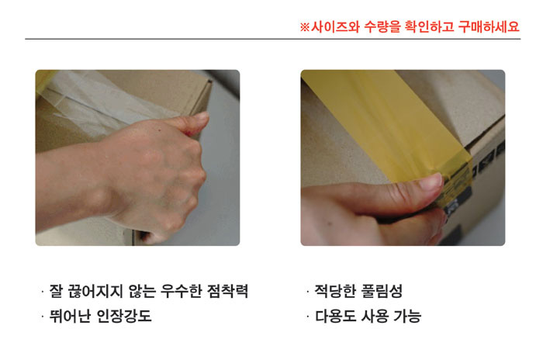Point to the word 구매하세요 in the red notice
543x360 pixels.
tap(489, 26)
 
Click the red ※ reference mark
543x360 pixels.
tap(304, 27)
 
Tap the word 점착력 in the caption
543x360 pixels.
tap(227, 291)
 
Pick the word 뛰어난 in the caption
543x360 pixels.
tap(70, 316)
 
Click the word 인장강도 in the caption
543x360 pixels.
tap(123, 316)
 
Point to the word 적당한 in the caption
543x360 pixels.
tap(335, 291)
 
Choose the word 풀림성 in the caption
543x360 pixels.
tap(382, 291)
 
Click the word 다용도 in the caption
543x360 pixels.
tap(335, 316)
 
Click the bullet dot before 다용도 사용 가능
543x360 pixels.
tap(307, 316)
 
